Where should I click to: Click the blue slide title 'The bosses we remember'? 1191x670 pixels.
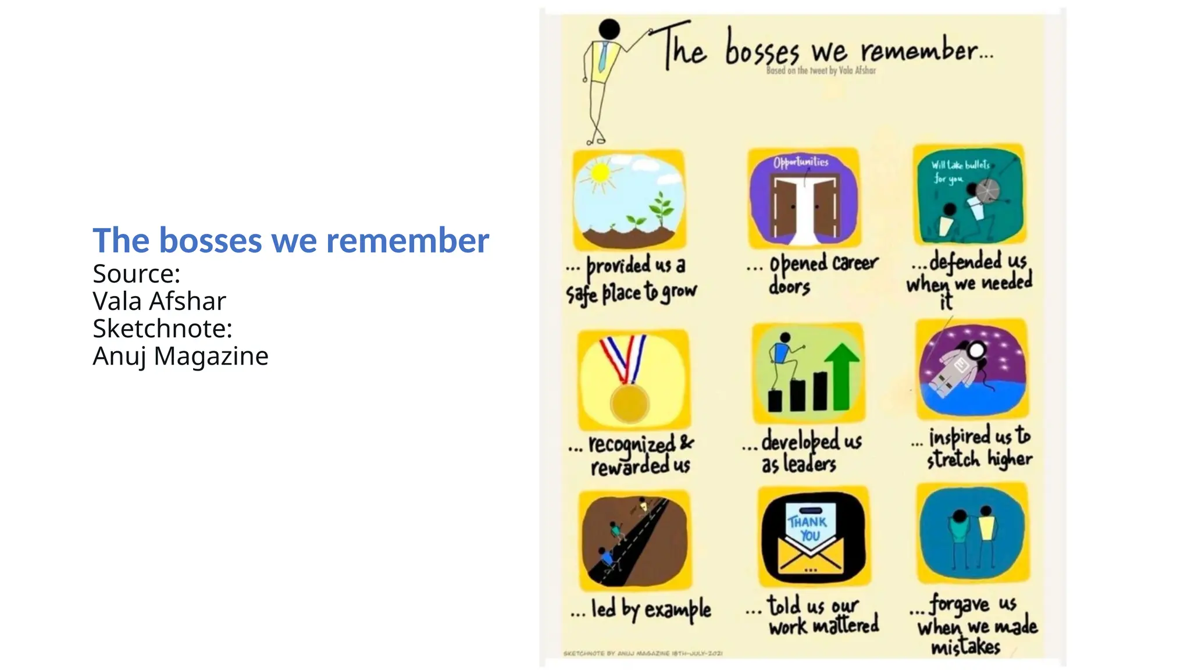(x=291, y=240)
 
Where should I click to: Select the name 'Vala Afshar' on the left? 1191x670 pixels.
(x=159, y=301)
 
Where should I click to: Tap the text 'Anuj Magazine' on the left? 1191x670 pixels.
(x=180, y=356)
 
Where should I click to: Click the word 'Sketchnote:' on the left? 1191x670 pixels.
(x=162, y=329)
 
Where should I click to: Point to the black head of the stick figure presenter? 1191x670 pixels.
(x=609, y=29)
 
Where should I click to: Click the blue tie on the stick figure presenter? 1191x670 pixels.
(x=603, y=57)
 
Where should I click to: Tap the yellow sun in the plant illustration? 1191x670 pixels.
(x=600, y=173)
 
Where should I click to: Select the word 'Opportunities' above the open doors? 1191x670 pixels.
(x=801, y=162)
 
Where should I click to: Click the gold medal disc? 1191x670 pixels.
(x=630, y=402)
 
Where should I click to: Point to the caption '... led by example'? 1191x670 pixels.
(x=640, y=610)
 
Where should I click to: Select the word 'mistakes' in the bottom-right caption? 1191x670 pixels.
(x=965, y=647)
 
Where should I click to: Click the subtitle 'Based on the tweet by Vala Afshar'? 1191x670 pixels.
(x=821, y=70)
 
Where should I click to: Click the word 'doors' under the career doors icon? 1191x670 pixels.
(x=789, y=286)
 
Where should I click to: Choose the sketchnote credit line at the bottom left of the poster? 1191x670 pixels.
(x=643, y=654)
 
